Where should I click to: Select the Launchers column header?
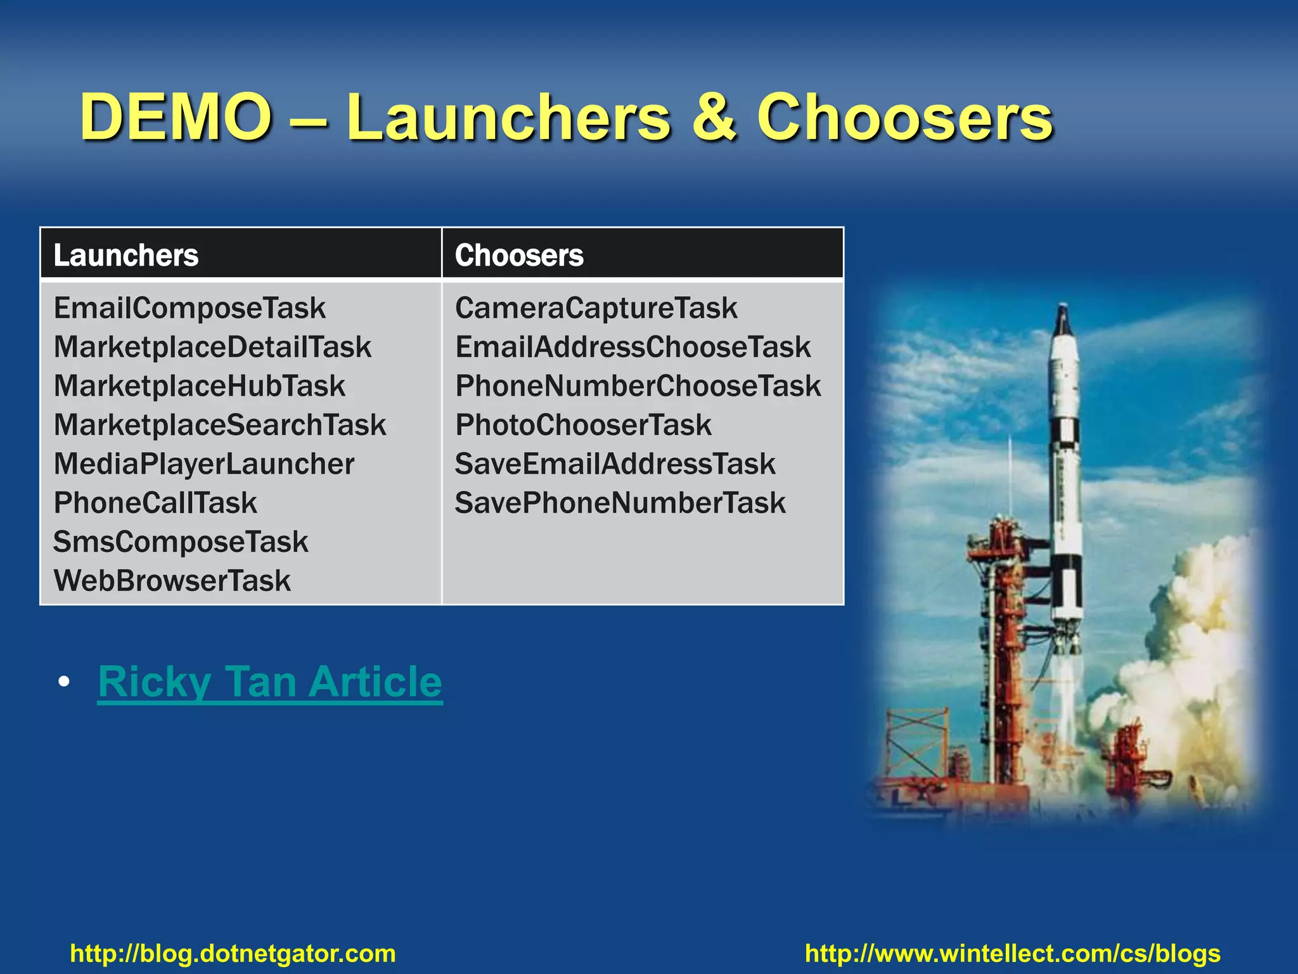126,255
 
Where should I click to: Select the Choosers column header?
519,255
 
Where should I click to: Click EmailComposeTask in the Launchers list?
190,308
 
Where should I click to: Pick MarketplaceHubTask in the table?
200,386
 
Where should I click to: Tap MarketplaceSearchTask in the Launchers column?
220,425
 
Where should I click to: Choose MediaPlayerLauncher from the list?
204,464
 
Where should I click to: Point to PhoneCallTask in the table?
155,503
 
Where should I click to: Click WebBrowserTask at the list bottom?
172,581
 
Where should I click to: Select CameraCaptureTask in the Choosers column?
596,308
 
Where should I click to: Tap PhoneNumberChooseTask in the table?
638,386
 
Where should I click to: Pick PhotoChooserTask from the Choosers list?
584,425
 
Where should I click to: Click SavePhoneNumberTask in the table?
620,503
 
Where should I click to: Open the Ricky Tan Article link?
270,682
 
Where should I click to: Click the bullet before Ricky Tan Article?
63,683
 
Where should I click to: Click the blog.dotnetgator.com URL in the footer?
233,953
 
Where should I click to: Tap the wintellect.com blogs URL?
1013,953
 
